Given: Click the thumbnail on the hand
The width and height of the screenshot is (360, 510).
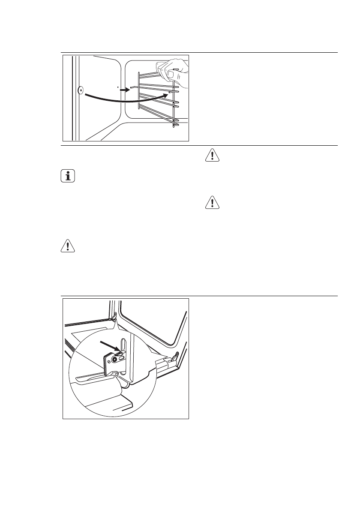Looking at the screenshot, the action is click(x=171, y=74).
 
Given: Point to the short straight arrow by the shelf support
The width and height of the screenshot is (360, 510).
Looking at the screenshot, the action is click(x=124, y=90).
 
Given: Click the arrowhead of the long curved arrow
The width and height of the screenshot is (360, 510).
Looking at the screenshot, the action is click(x=165, y=96).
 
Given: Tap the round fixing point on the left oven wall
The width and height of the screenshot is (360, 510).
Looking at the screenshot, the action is click(x=81, y=91).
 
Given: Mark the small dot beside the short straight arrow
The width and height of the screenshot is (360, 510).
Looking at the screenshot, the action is click(x=117, y=87).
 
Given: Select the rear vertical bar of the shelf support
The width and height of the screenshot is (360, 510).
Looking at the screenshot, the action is click(x=137, y=92).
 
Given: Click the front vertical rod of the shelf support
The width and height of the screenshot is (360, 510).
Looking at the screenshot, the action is click(x=175, y=99).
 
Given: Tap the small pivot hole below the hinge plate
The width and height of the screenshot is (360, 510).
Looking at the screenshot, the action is click(x=116, y=373).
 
